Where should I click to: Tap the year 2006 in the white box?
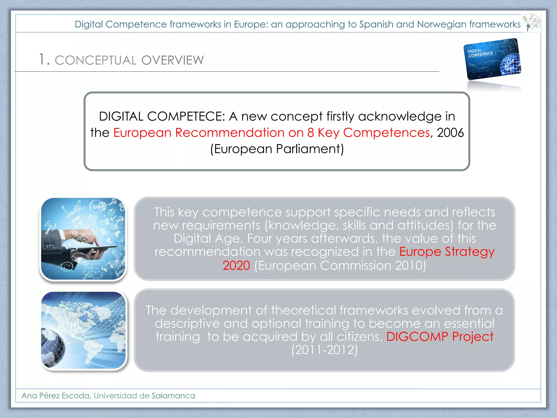coord(450,133)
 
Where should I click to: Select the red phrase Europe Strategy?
coord(447,251)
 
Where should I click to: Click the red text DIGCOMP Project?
coord(440,337)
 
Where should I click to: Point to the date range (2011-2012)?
coord(324,350)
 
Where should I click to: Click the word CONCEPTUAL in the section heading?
coord(95,60)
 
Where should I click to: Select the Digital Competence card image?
coord(492,59)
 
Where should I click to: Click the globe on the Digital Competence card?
coord(510,64)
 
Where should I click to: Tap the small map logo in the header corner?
coord(531,23)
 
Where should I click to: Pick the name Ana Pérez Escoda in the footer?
coord(55,395)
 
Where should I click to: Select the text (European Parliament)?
coord(277,149)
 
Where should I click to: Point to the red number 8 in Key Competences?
coord(310,133)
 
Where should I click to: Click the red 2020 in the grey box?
coord(236,265)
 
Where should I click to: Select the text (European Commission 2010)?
coord(340,265)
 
